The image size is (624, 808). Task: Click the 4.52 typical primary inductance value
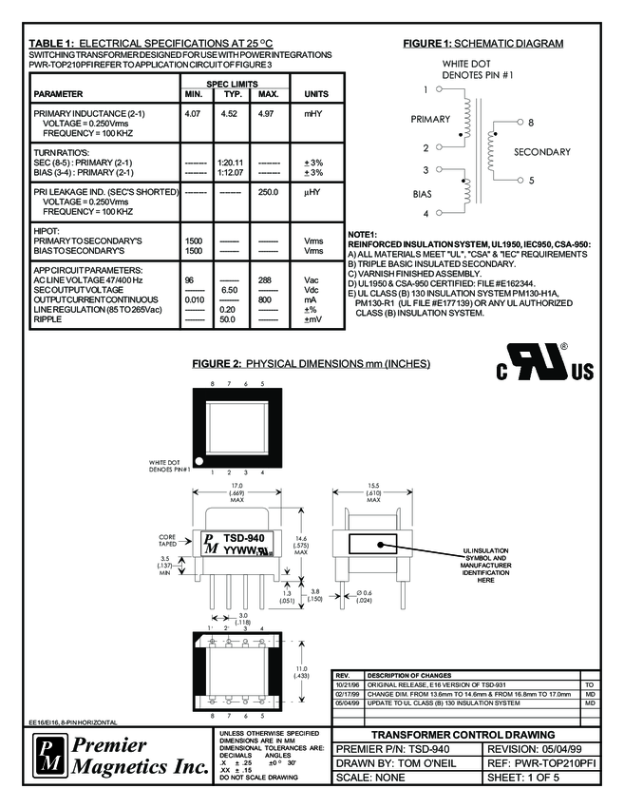coord(229,114)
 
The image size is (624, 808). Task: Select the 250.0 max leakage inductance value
coord(268,192)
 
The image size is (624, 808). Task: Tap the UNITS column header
coord(315,94)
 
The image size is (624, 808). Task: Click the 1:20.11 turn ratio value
coord(230,163)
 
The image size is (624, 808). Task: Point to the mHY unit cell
coord(315,114)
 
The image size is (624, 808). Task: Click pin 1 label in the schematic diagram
coord(427,90)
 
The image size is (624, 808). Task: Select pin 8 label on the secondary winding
coord(531,123)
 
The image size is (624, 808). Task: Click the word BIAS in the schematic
coord(422,192)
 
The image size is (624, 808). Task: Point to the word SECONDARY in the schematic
coord(542,152)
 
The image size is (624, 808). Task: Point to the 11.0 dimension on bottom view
coord(302,668)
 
